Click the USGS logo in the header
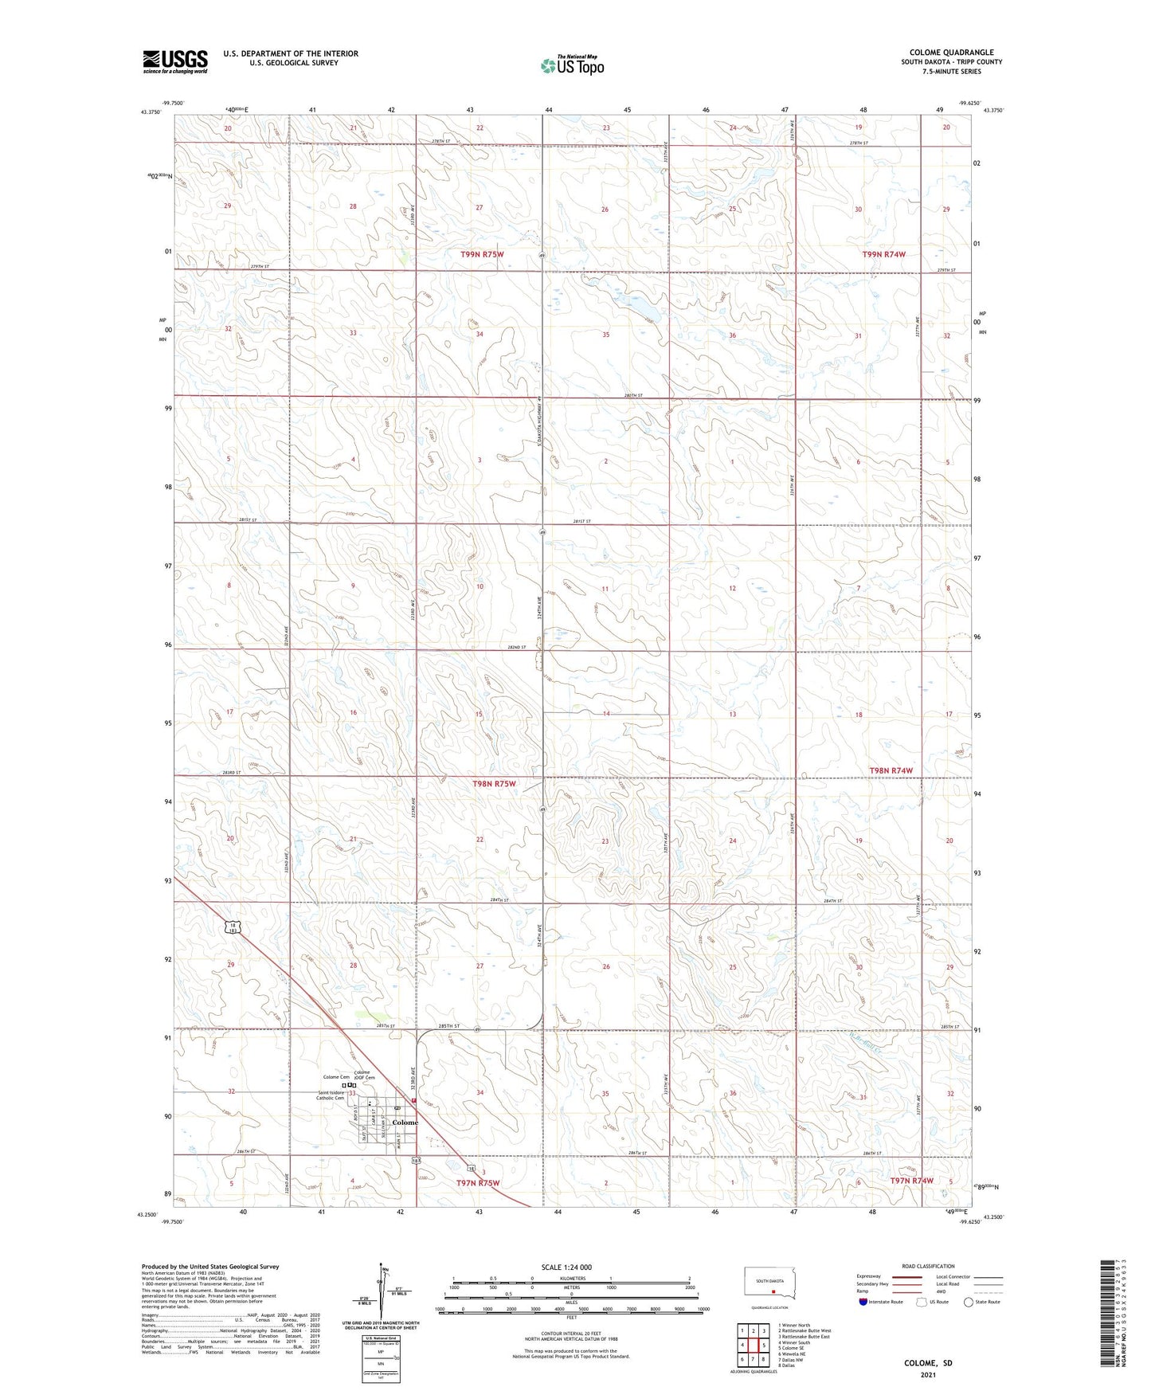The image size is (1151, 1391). pos(174,61)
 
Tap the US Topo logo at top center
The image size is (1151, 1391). pos(572,65)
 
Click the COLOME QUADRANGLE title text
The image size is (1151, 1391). pos(951,53)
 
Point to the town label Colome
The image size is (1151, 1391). pos(405,1123)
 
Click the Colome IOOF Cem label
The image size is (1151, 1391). pos(362,1075)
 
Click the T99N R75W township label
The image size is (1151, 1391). pos(482,254)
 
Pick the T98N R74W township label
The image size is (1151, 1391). pos(891,770)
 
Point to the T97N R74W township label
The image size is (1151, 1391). pos(911,1180)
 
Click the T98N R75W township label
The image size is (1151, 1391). pos(494,784)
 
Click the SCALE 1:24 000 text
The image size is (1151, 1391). pos(566,1267)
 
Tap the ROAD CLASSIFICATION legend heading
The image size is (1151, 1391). pos(928,1266)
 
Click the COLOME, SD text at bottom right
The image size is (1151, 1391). pos(928,1362)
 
